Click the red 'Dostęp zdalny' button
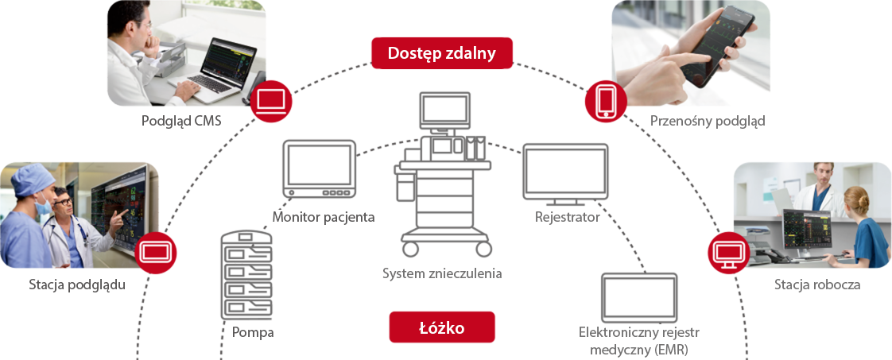pos(441,54)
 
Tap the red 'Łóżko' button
pos(441,327)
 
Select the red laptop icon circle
pos(272,101)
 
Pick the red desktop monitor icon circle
pos(729,253)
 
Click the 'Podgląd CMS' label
pos(181,122)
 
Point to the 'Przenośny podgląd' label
pos(708,121)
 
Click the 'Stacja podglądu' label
pos(77,284)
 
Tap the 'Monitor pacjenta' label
pos(324,216)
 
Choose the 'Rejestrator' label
pos(566,216)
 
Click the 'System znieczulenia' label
pos(442,274)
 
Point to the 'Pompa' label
pos(253,332)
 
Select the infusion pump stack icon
pos(246,274)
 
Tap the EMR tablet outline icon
pos(639,297)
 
